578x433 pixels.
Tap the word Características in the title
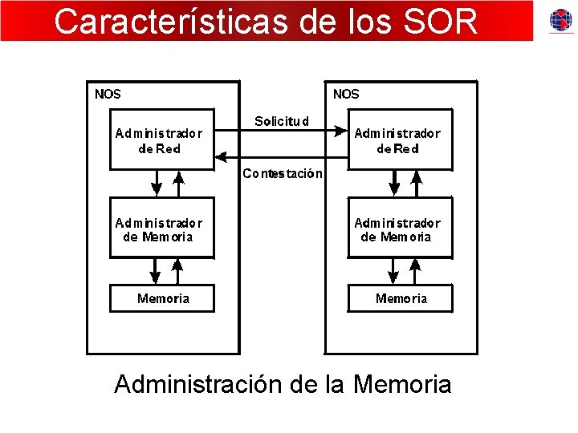[x=168, y=22]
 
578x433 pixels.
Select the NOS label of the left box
[x=108, y=94]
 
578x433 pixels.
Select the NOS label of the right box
[x=346, y=94]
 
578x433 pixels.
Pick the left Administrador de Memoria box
[x=161, y=230]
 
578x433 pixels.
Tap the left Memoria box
[x=163, y=298]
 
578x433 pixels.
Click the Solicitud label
[x=281, y=122]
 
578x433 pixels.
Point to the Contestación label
[x=283, y=173]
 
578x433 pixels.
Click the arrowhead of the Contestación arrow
[x=223, y=156]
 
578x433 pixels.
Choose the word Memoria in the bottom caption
[x=402, y=384]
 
